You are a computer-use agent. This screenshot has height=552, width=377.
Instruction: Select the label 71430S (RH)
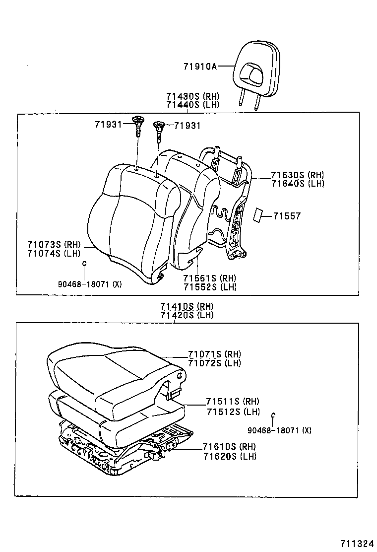point(192,96)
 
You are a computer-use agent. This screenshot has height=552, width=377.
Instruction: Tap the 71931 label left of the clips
point(108,124)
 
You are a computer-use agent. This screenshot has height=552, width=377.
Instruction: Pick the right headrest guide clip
point(159,130)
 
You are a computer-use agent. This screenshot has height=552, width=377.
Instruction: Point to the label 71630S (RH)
point(297,175)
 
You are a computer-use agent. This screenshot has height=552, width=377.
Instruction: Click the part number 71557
point(287,216)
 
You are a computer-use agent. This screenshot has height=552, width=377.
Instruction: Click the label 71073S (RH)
point(54,244)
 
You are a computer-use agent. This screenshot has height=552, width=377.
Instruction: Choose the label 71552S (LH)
point(209,287)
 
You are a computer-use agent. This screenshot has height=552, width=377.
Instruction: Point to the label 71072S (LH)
point(214,363)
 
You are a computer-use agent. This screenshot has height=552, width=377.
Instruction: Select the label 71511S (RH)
point(233,401)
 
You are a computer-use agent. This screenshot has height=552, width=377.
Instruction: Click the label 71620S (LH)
point(229,456)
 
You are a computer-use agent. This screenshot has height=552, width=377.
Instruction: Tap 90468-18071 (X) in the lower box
point(280,430)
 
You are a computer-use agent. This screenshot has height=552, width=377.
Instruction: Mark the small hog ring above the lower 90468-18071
point(273,415)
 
